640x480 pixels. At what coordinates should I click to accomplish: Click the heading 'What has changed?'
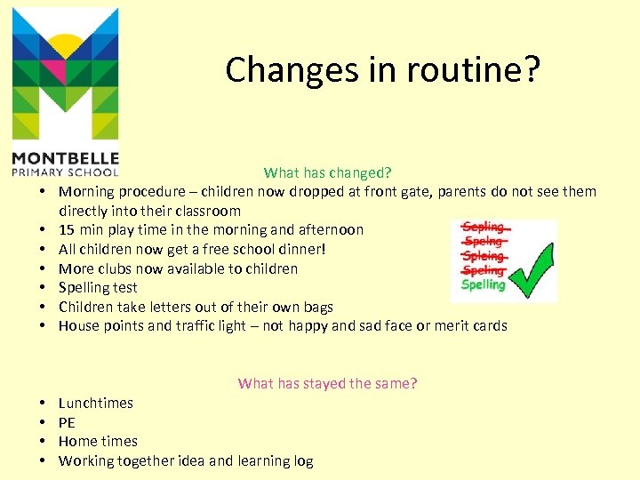(x=327, y=172)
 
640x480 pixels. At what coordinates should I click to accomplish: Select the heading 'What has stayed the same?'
(x=327, y=383)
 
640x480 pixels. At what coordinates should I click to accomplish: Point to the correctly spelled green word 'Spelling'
(x=483, y=285)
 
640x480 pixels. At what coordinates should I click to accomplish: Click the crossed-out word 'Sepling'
(x=484, y=228)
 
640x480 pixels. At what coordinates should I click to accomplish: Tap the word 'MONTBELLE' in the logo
(x=64, y=158)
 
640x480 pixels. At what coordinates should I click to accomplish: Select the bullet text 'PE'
(x=67, y=422)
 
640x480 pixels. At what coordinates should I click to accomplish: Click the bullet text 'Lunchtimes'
(x=96, y=403)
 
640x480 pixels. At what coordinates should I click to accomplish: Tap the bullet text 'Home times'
(x=98, y=441)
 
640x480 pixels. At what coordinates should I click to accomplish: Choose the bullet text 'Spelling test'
(x=97, y=287)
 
